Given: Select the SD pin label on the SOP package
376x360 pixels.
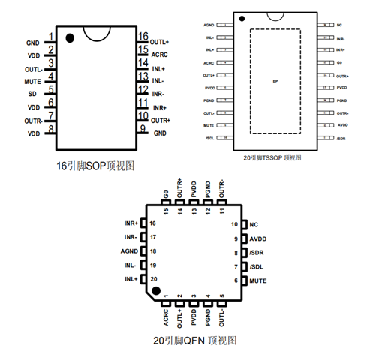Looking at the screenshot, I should pos(34,93).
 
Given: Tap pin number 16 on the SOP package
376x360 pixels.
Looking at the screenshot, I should pos(143,36).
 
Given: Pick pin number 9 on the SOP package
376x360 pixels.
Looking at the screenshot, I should pos(142,129).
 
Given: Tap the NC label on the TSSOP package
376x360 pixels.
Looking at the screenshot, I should pos(340,25).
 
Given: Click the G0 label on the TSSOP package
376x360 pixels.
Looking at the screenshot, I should pos(339,63).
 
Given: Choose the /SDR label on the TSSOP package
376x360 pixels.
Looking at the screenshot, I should pos(341,139).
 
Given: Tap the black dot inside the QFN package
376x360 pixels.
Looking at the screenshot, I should pos(157,289).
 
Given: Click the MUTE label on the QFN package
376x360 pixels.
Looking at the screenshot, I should pos(258,280).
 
